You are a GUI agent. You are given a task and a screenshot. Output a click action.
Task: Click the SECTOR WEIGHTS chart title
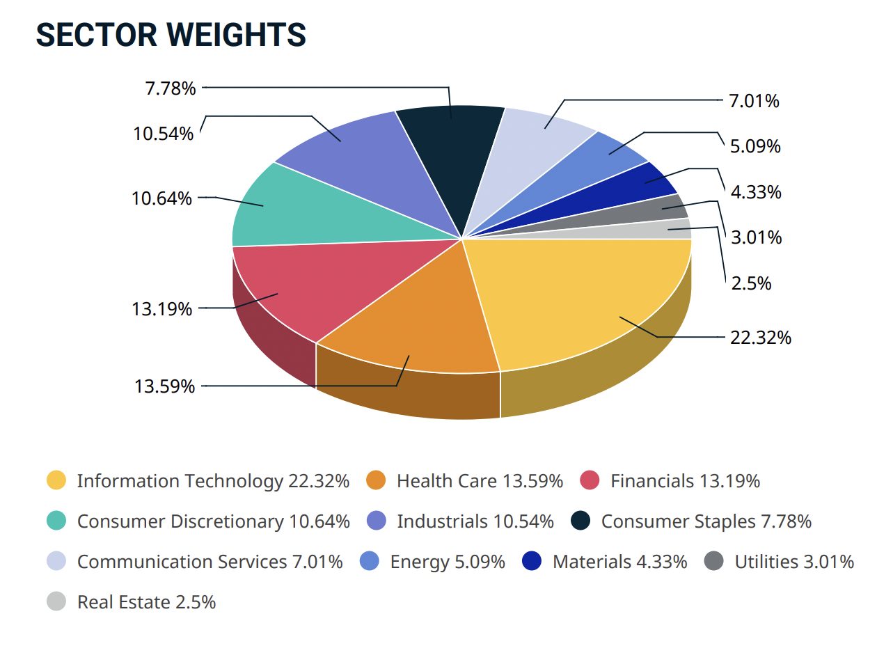171,35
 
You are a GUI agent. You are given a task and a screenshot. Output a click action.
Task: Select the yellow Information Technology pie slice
585,299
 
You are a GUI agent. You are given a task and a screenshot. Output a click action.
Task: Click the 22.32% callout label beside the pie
760,338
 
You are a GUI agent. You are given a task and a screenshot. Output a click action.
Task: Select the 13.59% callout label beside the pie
164,386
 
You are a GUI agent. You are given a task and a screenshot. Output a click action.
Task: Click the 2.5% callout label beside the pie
750,283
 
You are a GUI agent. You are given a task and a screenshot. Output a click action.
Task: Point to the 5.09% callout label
754,147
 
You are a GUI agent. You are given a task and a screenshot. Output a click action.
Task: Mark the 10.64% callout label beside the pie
162,198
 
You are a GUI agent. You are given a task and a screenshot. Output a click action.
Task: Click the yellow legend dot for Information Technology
56,481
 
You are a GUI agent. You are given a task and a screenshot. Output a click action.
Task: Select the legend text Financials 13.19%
685,481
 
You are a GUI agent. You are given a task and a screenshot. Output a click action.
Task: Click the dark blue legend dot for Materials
532,562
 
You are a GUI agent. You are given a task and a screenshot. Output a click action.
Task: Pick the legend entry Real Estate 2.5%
146,602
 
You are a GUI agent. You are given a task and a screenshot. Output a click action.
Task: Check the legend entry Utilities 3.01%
794,562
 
